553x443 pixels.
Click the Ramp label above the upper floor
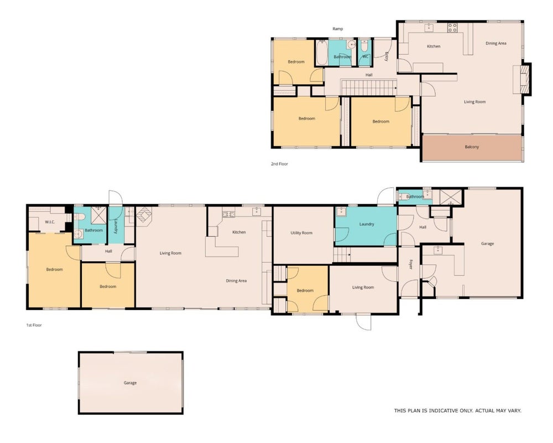click(337, 29)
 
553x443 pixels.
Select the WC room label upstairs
click(366, 56)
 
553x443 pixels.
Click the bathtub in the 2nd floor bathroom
click(322, 53)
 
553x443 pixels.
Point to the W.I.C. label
click(50, 222)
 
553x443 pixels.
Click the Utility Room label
click(301, 233)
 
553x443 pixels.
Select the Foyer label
click(410, 265)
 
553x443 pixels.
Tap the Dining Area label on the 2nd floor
click(496, 43)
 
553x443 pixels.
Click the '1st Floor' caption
click(34, 325)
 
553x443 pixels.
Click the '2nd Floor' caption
click(279, 164)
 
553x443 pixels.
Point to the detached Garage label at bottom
click(130, 383)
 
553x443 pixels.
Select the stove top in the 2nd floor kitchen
click(452, 28)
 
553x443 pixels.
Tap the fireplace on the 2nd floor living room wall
click(525, 79)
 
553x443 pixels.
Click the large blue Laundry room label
click(367, 224)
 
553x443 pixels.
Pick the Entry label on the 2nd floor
click(386, 57)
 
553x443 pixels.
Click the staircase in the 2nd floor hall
click(368, 87)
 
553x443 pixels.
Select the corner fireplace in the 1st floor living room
click(144, 215)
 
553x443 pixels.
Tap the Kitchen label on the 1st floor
click(239, 233)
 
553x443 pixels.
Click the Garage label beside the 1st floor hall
click(487, 244)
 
